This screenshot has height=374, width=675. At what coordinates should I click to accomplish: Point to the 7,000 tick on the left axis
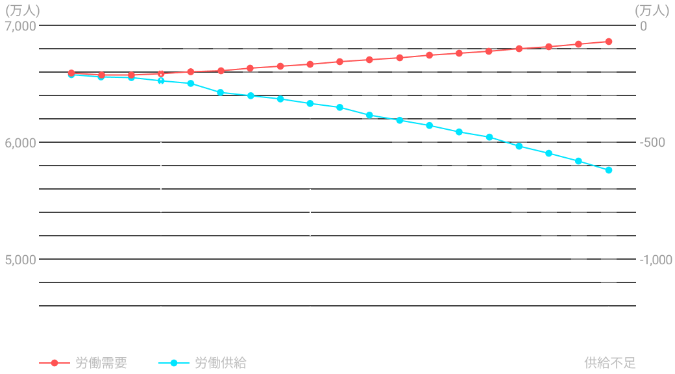[x=21, y=26]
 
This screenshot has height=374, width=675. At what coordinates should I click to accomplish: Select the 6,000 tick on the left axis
[x=21, y=142]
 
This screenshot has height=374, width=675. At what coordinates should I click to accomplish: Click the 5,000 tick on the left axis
[x=21, y=260]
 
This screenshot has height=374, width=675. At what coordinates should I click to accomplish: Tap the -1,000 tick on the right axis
[x=655, y=260]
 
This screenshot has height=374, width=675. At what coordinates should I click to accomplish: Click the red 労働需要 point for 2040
[x=609, y=42]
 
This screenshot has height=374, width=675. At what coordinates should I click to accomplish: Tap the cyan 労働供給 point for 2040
[x=609, y=170]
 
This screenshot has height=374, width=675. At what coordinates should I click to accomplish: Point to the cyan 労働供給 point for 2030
[x=310, y=103]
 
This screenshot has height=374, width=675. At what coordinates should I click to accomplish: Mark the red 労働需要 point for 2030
[x=310, y=64]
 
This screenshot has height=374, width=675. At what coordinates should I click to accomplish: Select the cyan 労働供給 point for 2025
[x=161, y=81]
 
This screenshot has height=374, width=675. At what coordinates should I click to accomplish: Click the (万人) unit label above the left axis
[x=22, y=10]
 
